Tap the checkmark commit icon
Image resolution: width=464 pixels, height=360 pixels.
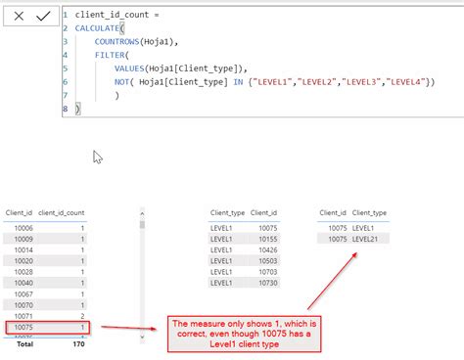tap(43, 17)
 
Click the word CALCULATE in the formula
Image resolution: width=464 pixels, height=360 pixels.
tap(99, 28)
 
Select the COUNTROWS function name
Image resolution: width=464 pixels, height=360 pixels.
tap(118, 42)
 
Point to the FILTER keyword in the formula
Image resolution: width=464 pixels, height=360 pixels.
tap(111, 56)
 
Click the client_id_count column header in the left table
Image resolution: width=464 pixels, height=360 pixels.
tap(62, 211)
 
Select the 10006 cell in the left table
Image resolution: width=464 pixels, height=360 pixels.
tap(20, 225)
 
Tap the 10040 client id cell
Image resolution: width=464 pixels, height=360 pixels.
tap(20, 283)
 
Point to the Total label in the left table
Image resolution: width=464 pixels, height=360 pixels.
tap(19, 344)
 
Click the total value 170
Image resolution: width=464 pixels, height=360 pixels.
tap(78, 344)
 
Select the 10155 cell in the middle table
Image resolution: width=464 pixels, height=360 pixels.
tap(267, 239)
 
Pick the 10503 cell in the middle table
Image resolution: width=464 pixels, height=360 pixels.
tap(267, 261)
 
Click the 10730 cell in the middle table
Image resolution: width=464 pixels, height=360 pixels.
tap(267, 284)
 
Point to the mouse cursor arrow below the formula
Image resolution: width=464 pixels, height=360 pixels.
tap(98, 157)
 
